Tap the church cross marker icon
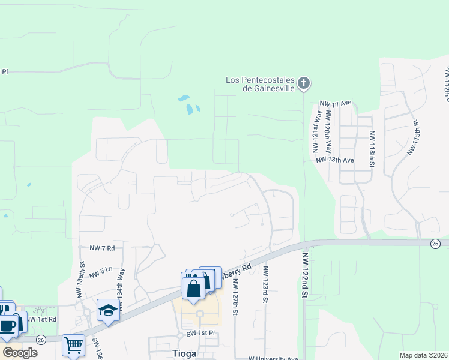(304, 83)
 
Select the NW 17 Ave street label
(336, 103)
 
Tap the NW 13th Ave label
(334, 160)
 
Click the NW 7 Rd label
(102, 247)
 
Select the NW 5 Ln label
(101, 274)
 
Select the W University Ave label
(273, 358)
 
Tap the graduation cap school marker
(108, 310)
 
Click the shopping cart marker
(73, 344)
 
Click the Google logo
(20, 352)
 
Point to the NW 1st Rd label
(44, 319)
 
